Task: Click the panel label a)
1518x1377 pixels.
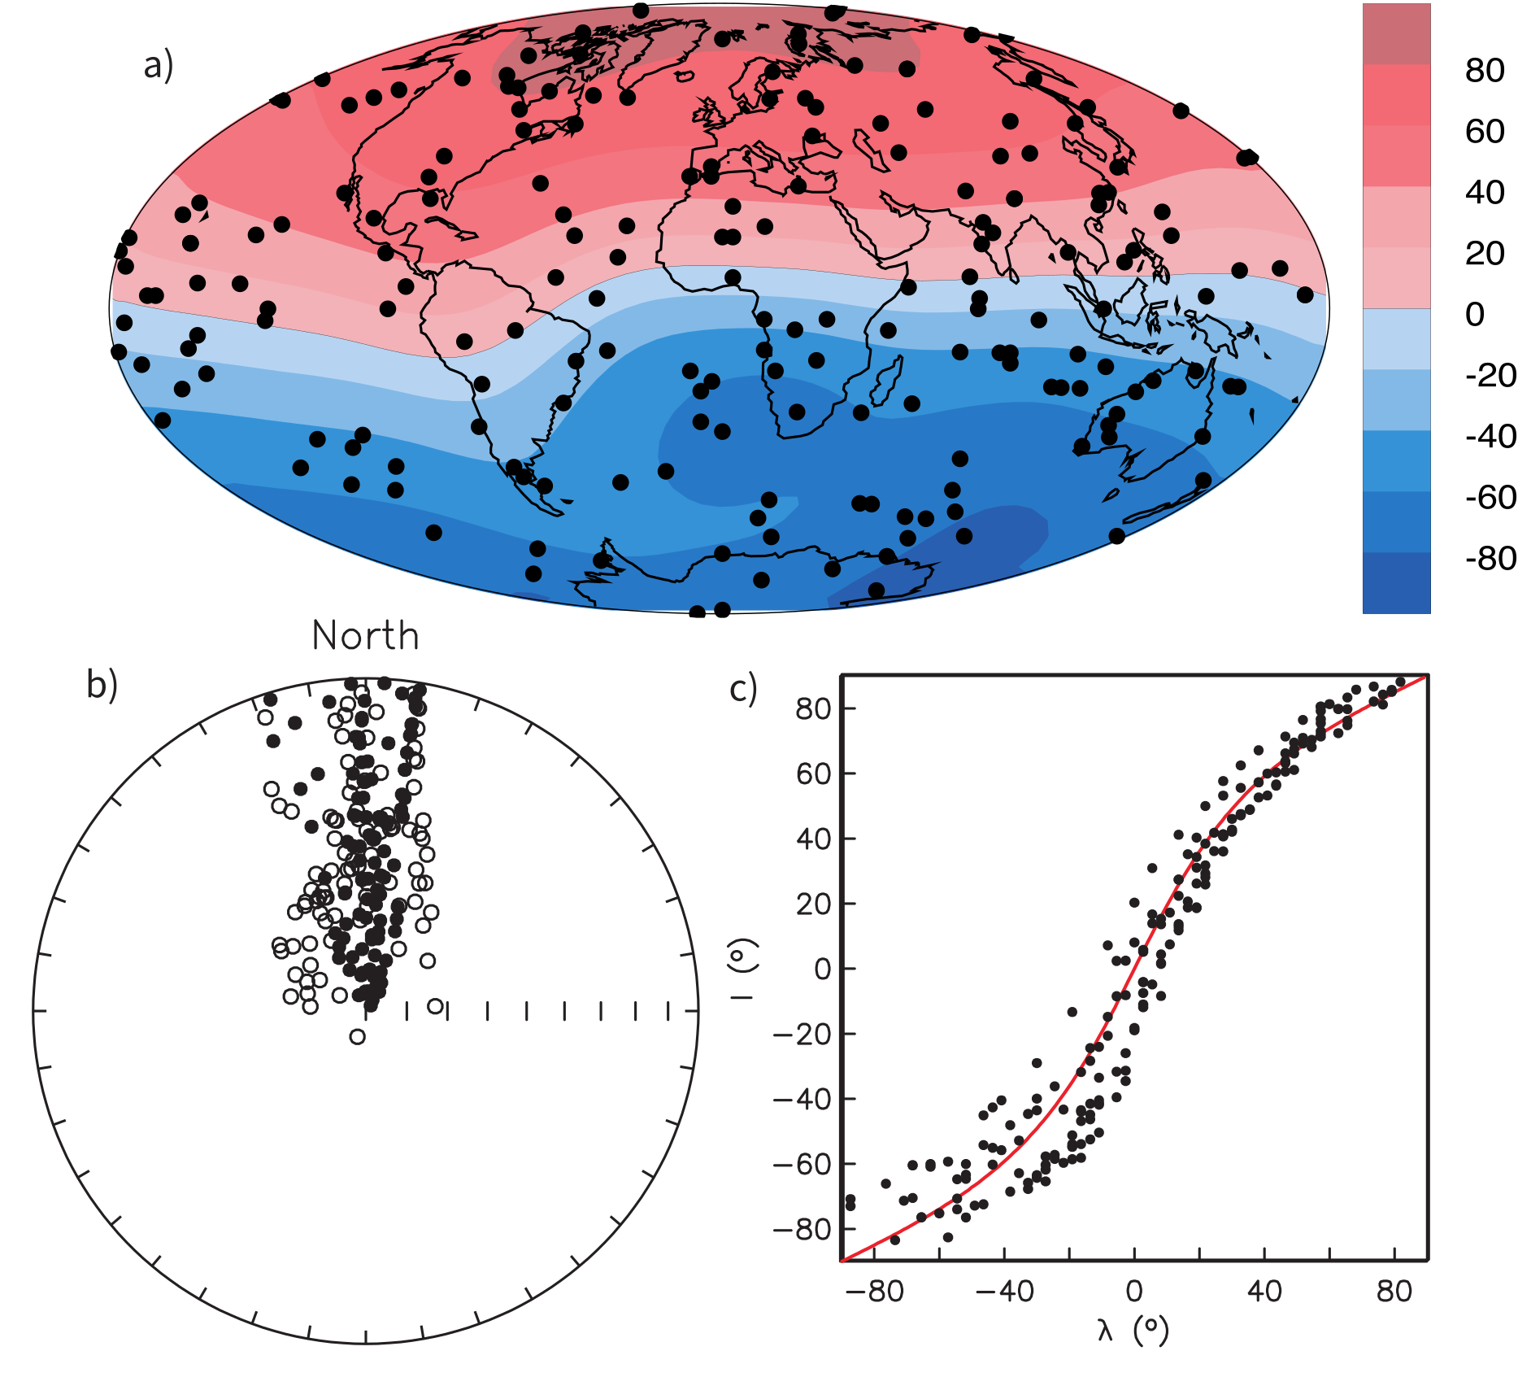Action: point(159,65)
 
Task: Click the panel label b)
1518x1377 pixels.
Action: point(102,685)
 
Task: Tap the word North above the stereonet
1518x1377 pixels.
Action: point(365,636)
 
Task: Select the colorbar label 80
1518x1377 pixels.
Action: point(1484,71)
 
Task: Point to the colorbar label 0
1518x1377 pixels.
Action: point(1475,314)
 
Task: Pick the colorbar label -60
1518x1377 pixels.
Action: point(1490,497)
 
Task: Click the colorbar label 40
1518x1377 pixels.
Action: point(1484,193)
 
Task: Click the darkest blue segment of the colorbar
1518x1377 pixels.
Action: point(1396,582)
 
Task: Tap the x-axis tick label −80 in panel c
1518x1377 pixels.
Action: point(874,1291)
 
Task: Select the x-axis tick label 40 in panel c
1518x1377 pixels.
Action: point(1264,1291)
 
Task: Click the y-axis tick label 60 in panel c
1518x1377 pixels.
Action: point(814,773)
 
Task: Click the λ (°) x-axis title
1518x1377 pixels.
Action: point(1133,1330)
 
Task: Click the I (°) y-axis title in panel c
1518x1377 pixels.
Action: point(743,968)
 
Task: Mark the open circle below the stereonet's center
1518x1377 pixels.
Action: point(358,1036)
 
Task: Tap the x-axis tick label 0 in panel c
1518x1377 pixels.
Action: point(1134,1291)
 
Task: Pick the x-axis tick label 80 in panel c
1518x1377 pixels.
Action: point(1394,1291)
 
